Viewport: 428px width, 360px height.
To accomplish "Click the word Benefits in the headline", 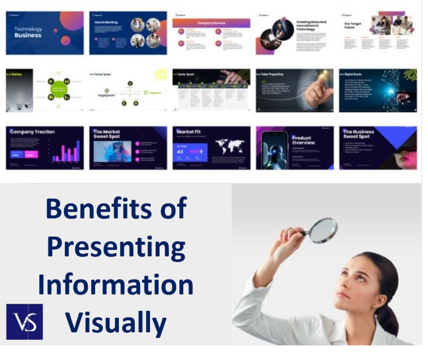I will (116, 208).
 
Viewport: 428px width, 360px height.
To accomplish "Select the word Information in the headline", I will (116, 284).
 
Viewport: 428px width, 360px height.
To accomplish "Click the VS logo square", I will (24, 321).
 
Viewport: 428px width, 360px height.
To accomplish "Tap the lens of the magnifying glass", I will (322, 230).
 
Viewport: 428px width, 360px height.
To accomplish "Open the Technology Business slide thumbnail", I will (45, 33).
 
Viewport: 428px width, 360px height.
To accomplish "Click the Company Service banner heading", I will (211, 23).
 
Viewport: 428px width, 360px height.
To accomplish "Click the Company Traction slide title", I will (32, 132).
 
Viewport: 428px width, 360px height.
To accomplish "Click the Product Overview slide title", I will (303, 140).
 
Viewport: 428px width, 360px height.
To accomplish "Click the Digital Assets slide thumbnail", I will (378, 91).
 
